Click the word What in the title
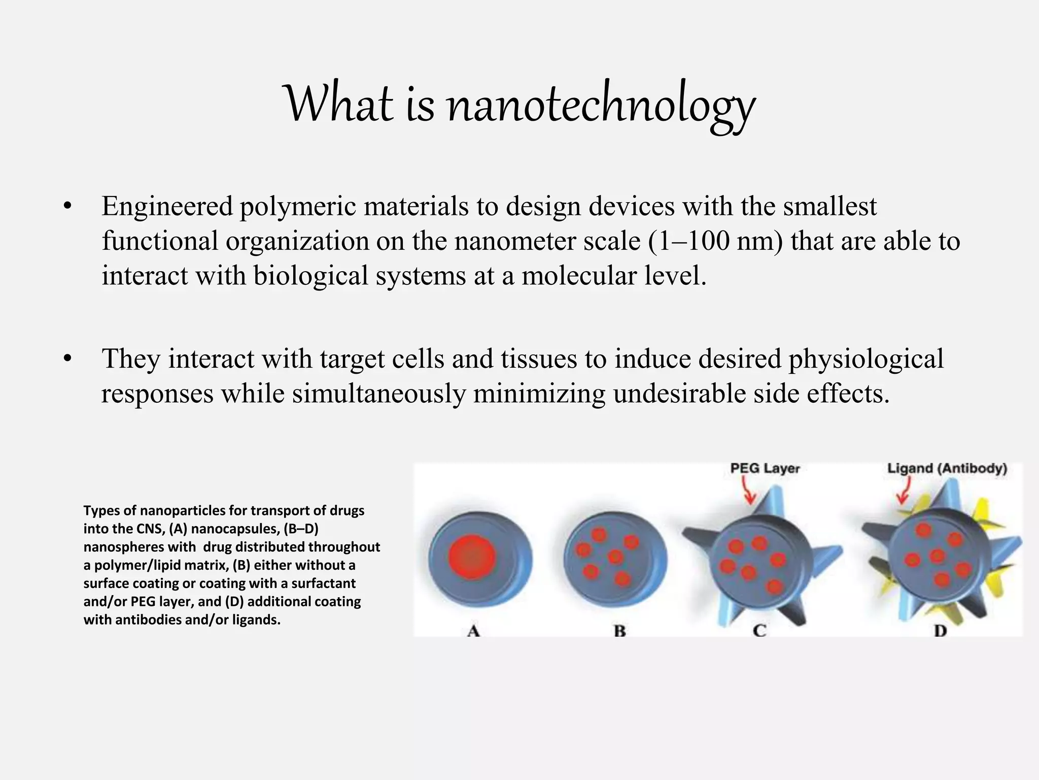point(340,104)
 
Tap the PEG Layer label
point(765,468)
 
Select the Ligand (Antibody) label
point(947,468)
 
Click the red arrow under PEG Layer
point(748,491)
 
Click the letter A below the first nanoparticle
point(473,631)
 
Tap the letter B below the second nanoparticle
point(619,631)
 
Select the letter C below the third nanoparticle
point(759,631)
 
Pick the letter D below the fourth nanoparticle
point(940,631)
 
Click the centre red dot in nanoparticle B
point(615,557)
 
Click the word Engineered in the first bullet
point(167,207)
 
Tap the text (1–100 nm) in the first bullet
point(715,241)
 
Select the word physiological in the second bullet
point(865,359)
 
